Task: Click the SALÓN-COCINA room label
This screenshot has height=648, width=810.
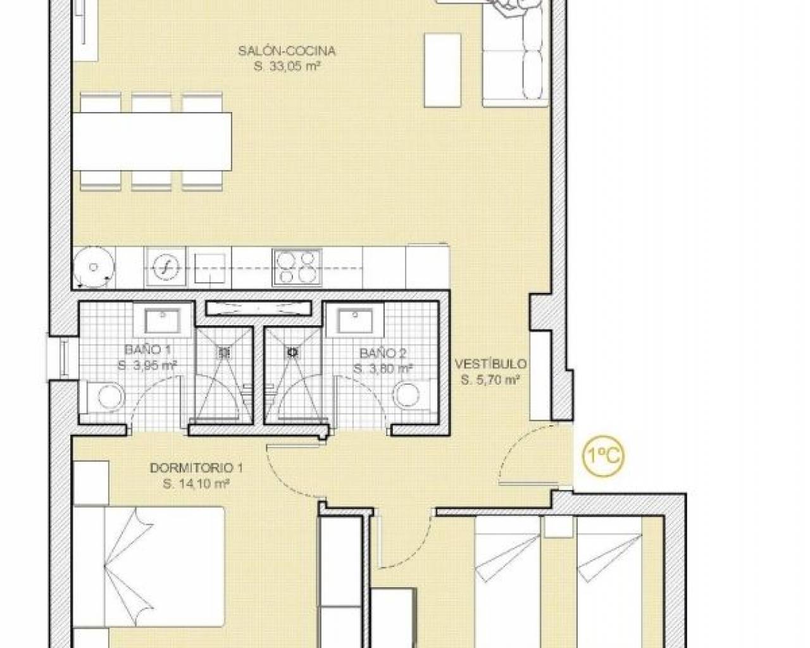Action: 287,51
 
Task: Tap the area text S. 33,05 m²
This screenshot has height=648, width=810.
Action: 287,66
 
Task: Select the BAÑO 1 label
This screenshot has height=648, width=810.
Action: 147,349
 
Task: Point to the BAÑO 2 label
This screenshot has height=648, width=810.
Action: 383,353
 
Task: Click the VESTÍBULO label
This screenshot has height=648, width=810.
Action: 490,364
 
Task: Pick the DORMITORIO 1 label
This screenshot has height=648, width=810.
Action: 196,468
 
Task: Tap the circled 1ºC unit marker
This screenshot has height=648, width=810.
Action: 603,456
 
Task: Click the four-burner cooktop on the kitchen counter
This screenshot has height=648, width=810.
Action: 297,267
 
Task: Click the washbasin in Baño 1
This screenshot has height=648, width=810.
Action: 162,321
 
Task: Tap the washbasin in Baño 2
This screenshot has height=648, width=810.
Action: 355,321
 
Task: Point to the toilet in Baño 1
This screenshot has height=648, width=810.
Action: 106,397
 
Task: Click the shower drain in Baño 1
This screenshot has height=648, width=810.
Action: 224,352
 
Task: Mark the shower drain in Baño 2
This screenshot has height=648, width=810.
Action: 292,352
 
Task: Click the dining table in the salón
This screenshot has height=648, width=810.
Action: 152,141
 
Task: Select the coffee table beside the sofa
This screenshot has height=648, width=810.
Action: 442,70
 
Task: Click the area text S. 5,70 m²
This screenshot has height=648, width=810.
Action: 490,380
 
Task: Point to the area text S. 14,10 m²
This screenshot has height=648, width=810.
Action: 196,484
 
